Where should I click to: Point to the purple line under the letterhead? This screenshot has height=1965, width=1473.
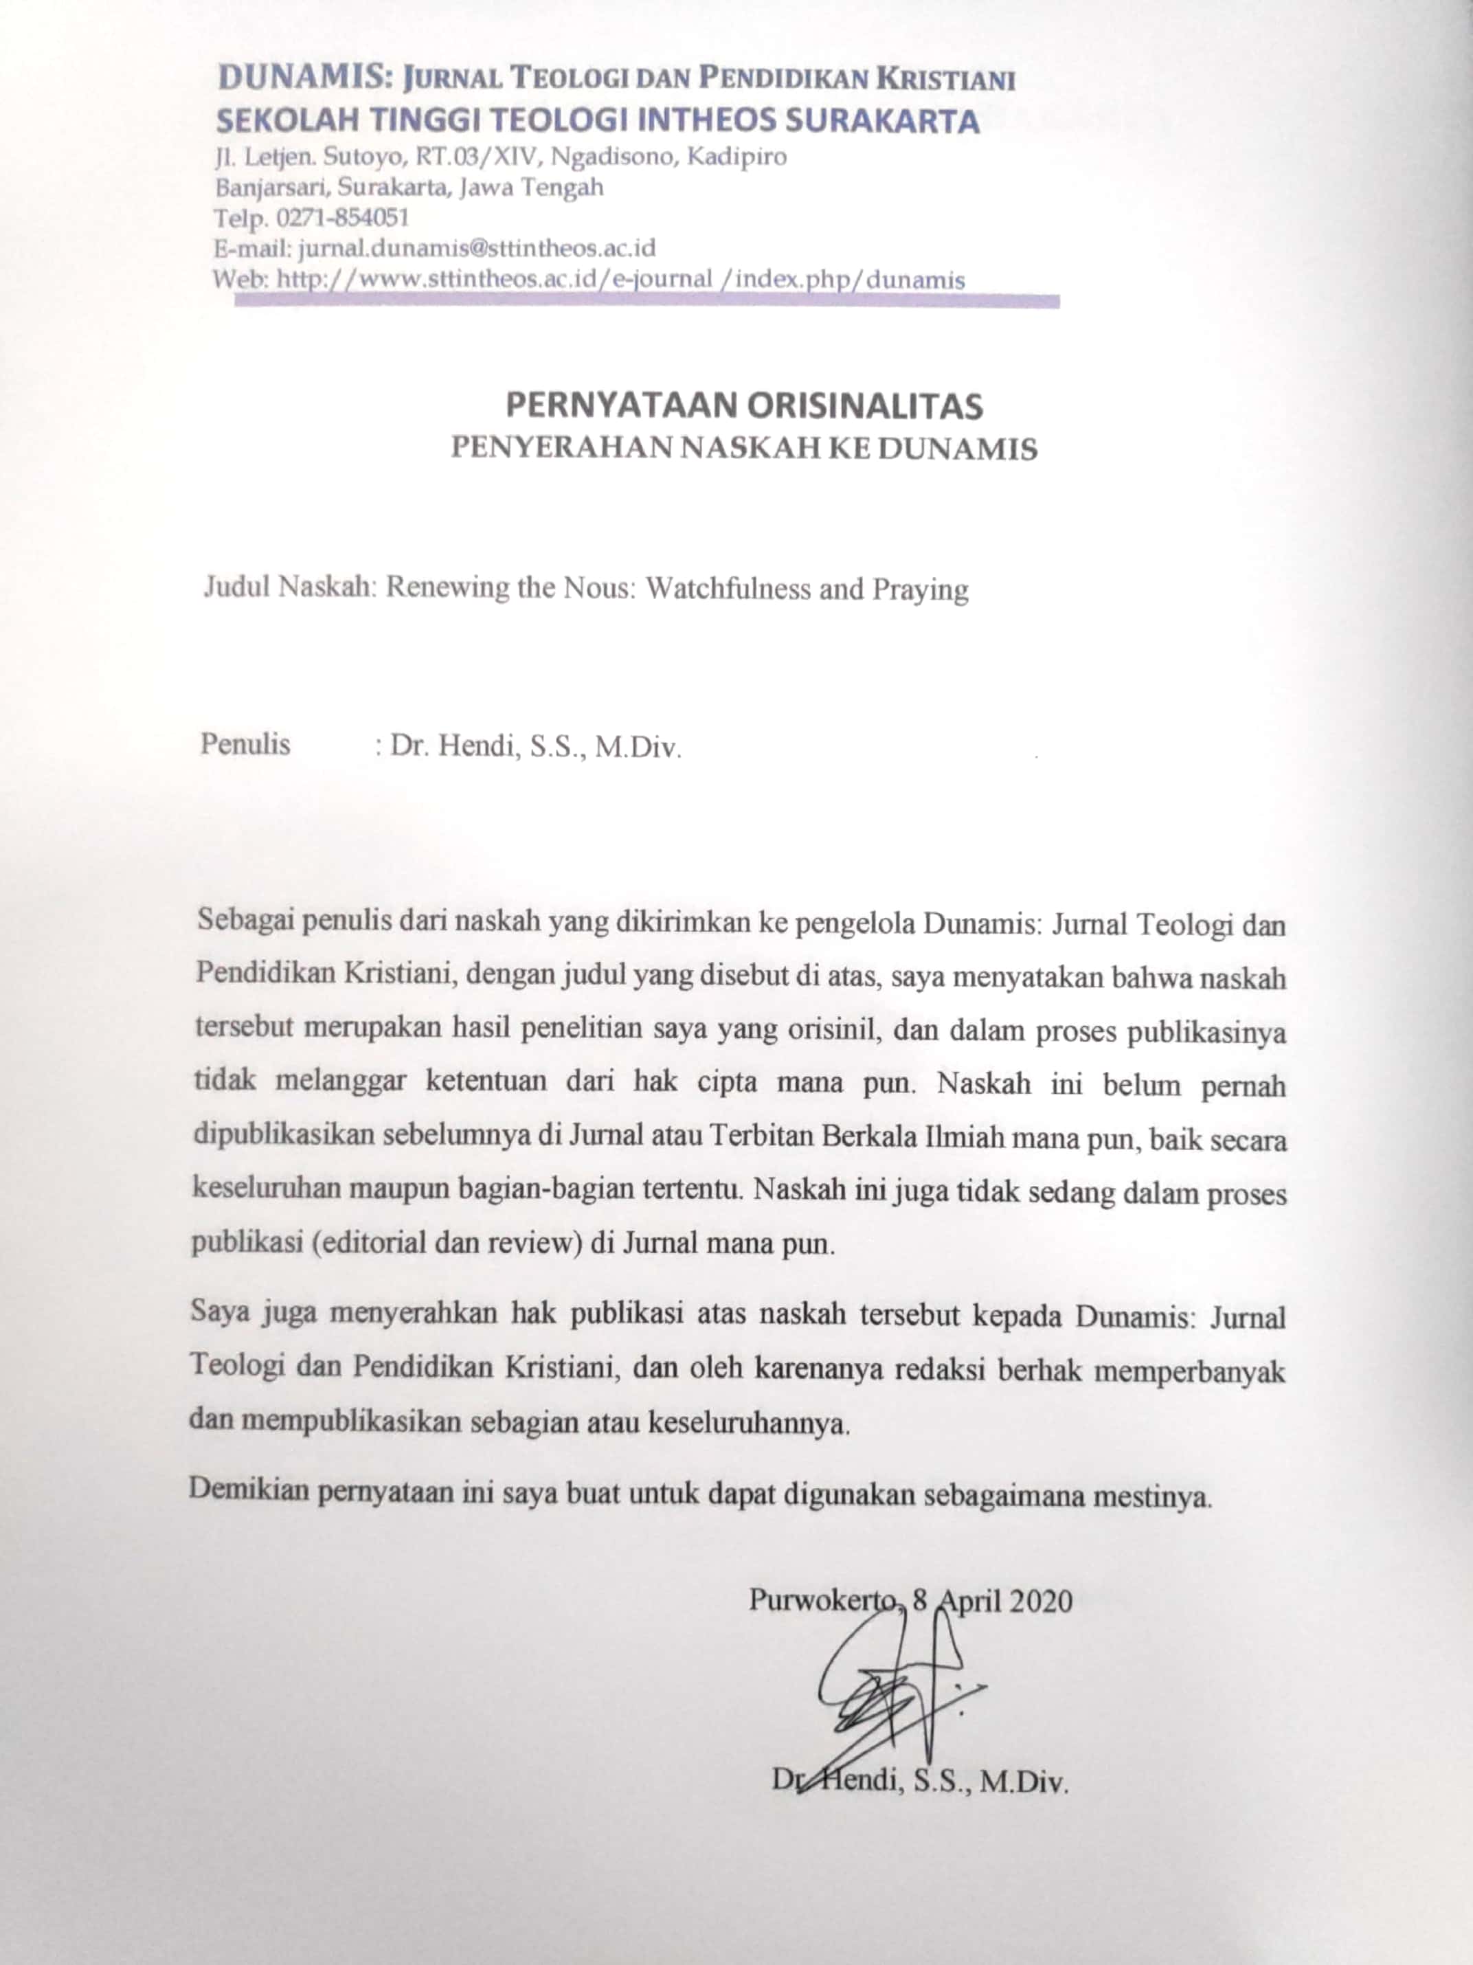(646, 302)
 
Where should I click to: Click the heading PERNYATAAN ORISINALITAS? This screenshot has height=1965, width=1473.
(743, 405)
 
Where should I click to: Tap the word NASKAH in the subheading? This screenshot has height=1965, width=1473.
(751, 448)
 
